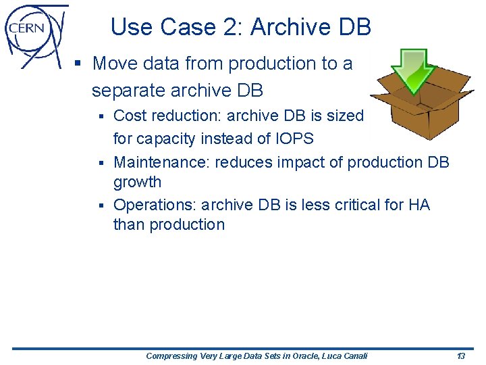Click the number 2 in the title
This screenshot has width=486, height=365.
(x=234, y=27)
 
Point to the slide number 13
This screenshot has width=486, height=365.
(x=461, y=356)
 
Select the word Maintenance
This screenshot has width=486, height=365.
(x=161, y=162)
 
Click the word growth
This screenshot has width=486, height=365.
(x=137, y=182)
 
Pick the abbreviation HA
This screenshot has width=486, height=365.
(x=418, y=204)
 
